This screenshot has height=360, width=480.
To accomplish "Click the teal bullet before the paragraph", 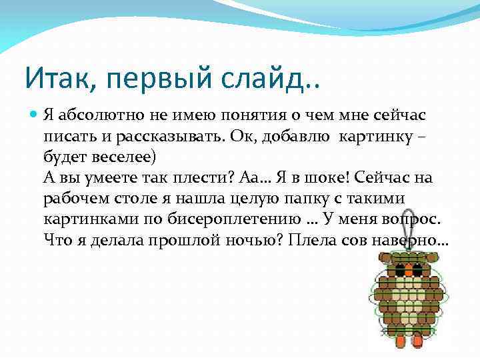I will point(33,114).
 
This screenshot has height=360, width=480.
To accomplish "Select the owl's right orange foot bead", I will point(418,341).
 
